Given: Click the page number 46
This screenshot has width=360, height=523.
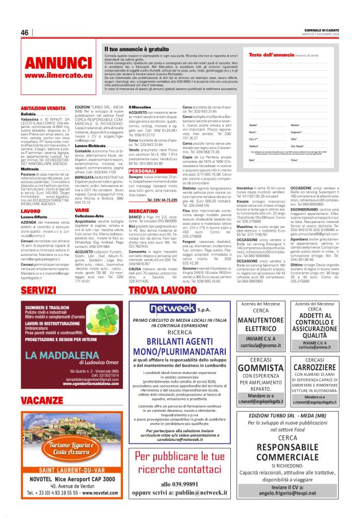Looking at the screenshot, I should coord(25,32).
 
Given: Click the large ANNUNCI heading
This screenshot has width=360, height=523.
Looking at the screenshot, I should coord(59,64).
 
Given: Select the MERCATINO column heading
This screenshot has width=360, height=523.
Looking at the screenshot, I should coord(145,212).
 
